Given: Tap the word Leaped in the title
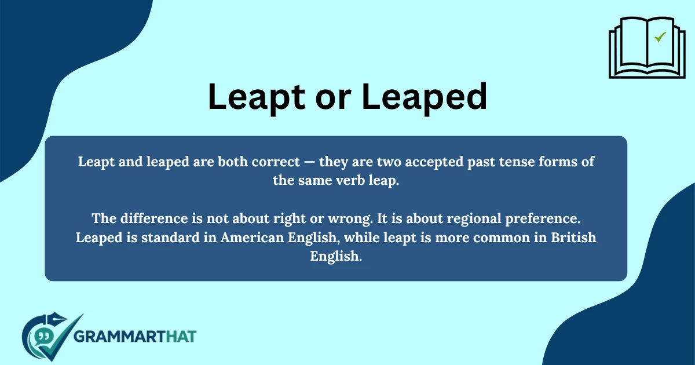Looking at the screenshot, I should click(425, 97).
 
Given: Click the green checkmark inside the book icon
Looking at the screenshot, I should click(660, 37).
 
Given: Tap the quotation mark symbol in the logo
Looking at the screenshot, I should click(42, 335).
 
